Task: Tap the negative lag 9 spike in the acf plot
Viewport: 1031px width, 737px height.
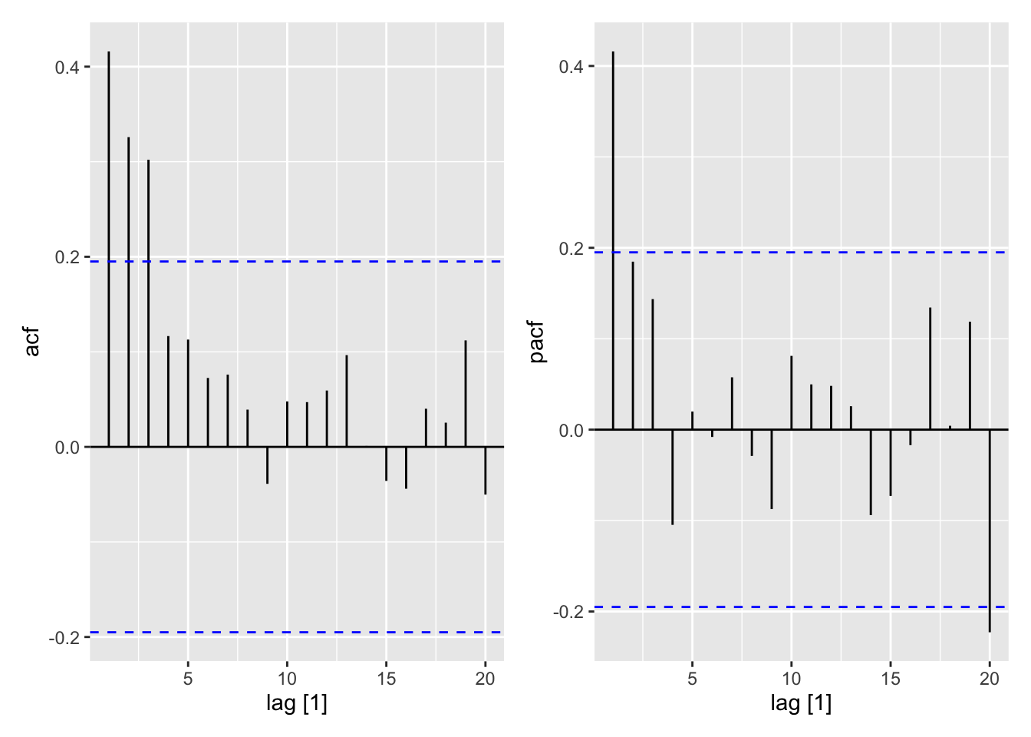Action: coord(267,465)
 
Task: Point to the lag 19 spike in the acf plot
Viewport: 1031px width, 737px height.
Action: coord(466,394)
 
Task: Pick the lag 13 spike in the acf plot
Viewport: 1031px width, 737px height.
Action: coord(347,401)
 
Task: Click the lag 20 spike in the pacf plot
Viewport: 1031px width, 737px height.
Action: coord(990,530)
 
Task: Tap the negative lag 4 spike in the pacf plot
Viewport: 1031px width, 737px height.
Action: coord(672,477)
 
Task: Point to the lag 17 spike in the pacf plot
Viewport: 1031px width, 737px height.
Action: coord(931,368)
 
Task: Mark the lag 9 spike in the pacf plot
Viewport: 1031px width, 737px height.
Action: coord(772,469)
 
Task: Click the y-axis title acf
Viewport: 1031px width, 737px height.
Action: coord(32,342)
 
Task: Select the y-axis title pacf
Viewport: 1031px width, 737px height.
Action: coord(536,342)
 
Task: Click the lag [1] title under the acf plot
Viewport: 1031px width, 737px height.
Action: coord(297,702)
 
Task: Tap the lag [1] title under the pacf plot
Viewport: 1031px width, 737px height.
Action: coord(801,702)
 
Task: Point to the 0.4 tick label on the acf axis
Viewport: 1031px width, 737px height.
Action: coord(67,68)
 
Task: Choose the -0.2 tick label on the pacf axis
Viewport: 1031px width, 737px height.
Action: coord(568,613)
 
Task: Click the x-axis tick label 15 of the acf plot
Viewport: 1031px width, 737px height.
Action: coord(386,679)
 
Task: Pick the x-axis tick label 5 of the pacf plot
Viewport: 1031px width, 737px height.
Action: coord(692,679)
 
